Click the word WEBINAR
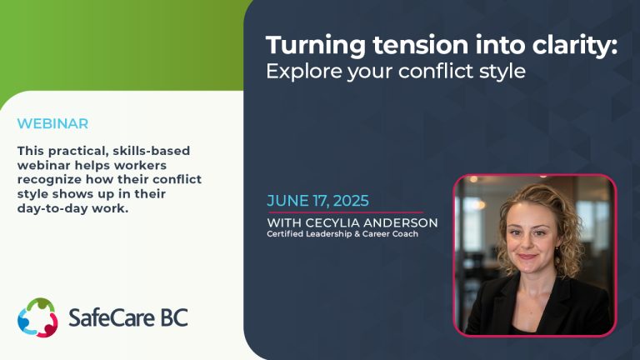coord(52,123)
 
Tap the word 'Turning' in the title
coord(316,46)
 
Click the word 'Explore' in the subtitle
coord(304,72)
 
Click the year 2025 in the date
coord(351,201)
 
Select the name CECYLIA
coord(332,222)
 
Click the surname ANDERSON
coord(400,222)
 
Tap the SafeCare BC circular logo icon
coord(37,317)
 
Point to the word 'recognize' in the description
coord(49,180)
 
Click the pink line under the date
coord(346,212)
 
